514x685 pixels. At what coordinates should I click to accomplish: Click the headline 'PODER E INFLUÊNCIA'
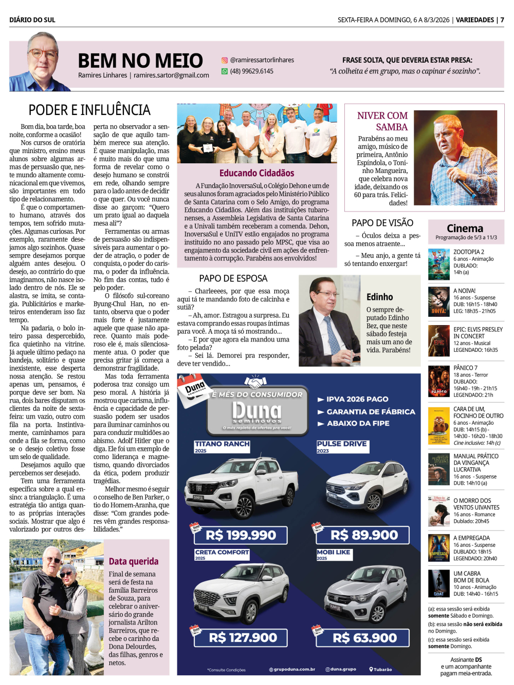pyautogui.click(x=89, y=110)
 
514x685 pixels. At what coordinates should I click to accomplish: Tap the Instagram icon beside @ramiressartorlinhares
pyautogui.click(x=225, y=60)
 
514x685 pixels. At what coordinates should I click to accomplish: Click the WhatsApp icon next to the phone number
pyautogui.click(x=225, y=71)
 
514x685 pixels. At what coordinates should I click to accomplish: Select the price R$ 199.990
pyautogui.click(x=241, y=535)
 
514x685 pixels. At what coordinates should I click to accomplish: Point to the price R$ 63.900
pyautogui.click(x=364, y=638)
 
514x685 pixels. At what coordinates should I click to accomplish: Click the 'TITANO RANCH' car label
pyautogui.click(x=222, y=444)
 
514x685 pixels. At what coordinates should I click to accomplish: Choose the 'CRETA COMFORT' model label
pyautogui.click(x=222, y=553)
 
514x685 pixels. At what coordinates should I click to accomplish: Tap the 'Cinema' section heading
pyautogui.click(x=465, y=229)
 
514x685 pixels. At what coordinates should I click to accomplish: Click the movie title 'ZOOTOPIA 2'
pyautogui.click(x=469, y=252)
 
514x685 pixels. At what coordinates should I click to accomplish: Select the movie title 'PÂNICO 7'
pyautogui.click(x=465, y=368)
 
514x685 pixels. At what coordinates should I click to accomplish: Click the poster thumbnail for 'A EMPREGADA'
pyautogui.click(x=438, y=548)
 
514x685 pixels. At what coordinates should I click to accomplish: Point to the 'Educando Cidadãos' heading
pyautogui.click(x=256, y=173)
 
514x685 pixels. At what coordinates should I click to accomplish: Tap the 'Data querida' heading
pyautogui.click(x=134, y=561)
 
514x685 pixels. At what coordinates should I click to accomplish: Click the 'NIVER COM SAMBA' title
pyautogui.click(x=382, y=121)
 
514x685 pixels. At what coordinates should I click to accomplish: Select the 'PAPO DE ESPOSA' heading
pyautogui.click(x=233, y=278)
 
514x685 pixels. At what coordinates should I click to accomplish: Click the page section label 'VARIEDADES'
pyautogui.click(x=475, y=20)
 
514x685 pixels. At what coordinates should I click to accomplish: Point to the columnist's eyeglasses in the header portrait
pyautogui.click(x=42, y=53)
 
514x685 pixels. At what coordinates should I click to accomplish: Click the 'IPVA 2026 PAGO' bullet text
pyautogui.click(x=357, y=399)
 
